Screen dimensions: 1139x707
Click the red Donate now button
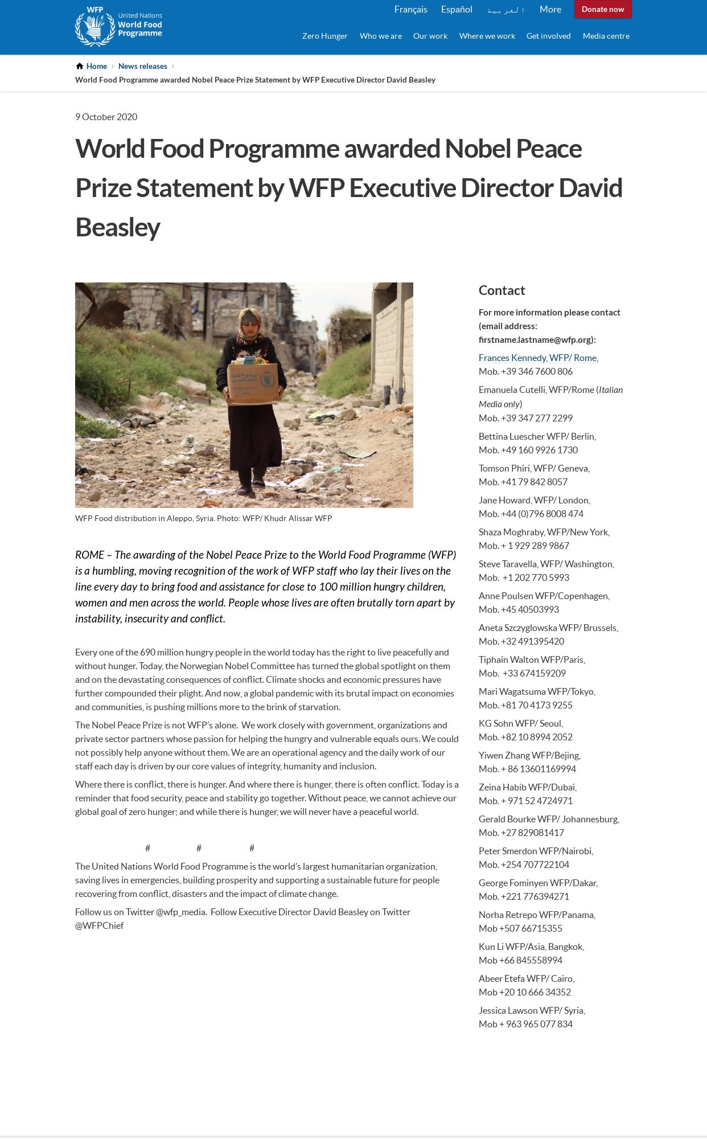click(603, 10)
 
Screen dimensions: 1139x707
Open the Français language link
click(410, 10)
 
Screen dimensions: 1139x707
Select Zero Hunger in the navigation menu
click(324, 36)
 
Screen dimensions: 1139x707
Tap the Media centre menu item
click(606, 36)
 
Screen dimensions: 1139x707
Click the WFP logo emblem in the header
click(95, 27)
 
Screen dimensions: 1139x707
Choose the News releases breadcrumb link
click(142, 66)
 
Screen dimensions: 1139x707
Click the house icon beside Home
click(80, 66)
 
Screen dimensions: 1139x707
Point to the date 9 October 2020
click(106, 117)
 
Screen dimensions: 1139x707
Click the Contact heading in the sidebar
click(502, 290)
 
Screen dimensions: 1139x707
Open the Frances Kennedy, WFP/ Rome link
click(538, 358)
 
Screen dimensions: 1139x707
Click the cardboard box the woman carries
click(253, 382)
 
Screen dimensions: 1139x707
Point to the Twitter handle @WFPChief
click(99, 925)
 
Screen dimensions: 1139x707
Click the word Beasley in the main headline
click(117, 227)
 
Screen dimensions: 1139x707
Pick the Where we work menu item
click(487, 36)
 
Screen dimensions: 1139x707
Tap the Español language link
click(457, 10)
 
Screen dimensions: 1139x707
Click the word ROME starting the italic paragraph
click(89, 555)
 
